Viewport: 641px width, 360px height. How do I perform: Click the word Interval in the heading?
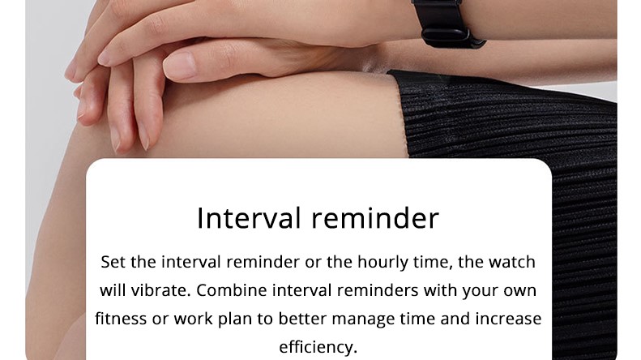[249, 218]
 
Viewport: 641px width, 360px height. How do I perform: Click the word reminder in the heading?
[375, 218]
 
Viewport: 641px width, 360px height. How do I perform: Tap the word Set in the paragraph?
[113, 262]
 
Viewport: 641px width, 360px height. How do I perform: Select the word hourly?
[382, 263]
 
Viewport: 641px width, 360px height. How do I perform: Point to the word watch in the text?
[512, 262]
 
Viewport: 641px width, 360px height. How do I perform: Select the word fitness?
[121, 319]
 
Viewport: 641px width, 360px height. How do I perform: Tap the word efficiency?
[318, 347]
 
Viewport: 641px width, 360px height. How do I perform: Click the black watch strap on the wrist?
[445, 23]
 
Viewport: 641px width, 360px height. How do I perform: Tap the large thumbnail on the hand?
[180, 66]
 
